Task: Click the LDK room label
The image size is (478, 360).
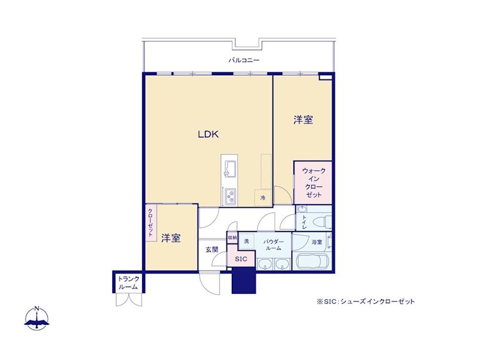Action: pyautogui.click(x=209, y=134)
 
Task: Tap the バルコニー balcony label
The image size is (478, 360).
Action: pyautogui.click(x=244, y=60)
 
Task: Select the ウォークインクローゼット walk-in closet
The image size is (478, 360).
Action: pyautogui.click(x=312, y=183)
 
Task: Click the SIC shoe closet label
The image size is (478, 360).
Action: pyautogui.click(x=241, y=259)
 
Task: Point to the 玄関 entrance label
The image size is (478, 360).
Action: pyautogui.click(x=212, y=250)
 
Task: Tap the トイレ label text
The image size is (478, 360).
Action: pyautogui.click(x=304, y=222)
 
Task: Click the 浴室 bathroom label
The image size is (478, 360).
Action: pyautogui.click(x=317, y=242)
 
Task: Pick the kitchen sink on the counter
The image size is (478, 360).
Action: pyautogui.click(x=229, y=169)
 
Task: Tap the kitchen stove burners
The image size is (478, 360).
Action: pyautogui.click(x=230, y=196)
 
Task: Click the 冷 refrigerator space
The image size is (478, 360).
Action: pyautogui.click(x=263, y=198)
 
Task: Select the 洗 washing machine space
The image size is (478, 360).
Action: pyautogui.click(x=246, y=241)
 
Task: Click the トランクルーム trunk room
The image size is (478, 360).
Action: pyautogui.click(x=128, y=283)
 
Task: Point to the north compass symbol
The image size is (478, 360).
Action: pyautogui.click(x=37, y=318)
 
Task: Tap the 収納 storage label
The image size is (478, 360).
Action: pyautogui.click(x=232, y=238)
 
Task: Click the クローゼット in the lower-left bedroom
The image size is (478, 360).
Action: pyautogui.click(x=151, y=223)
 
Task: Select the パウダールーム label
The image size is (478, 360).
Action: pyautogui.click(x=273, y=245)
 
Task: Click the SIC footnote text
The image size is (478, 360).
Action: pyautogui.click(x=366, y=302)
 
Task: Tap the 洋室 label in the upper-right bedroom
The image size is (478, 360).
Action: pyautogui.click(x=304, y=119)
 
